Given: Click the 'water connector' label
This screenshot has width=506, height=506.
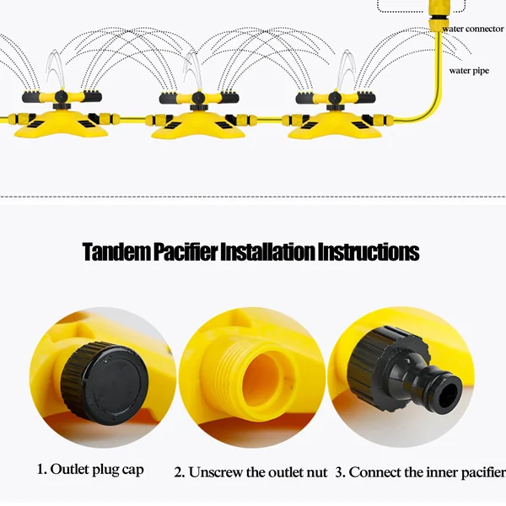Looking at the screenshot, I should (x=472, y=29).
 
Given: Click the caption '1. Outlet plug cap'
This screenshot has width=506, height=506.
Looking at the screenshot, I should (x=90, y=469).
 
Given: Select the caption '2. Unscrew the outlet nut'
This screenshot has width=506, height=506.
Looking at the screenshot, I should (x=250, y=471).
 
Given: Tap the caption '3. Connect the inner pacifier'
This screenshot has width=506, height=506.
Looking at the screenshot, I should (x=420, y=471).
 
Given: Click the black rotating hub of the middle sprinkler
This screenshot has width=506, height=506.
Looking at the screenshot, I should (x=196, y=100).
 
